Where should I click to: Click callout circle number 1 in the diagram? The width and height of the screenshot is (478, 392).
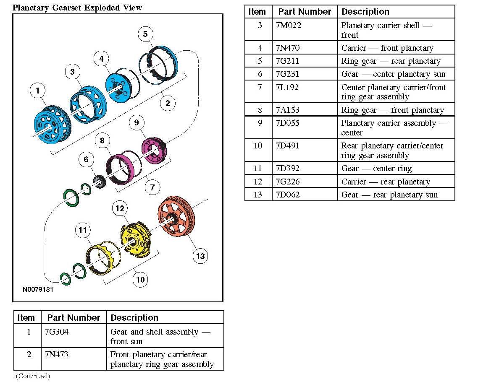37,90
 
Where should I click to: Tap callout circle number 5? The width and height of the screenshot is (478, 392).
145,34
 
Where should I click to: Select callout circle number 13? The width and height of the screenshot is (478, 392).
200,256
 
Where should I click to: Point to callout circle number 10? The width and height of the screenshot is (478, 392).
140,279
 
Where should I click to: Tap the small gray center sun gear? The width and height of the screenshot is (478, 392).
100,182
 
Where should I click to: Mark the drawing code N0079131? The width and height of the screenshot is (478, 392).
38,290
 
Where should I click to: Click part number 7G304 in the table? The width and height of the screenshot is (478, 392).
57,332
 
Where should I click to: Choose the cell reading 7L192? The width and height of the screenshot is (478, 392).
289,87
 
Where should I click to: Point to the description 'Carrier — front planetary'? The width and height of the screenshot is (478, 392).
387,48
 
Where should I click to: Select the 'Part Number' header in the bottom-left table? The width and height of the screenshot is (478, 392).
74,318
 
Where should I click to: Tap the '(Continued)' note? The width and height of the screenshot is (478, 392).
33,376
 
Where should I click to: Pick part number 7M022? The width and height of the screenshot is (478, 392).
289,25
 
